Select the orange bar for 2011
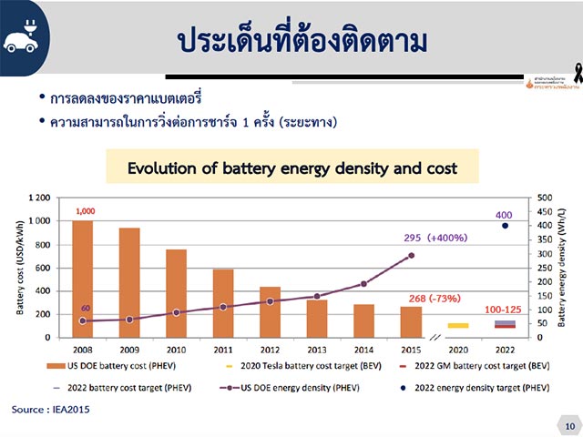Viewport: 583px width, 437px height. click(222, 303)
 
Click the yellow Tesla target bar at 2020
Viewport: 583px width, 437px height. click(458, 325)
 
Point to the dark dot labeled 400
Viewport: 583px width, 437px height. click(505, 226)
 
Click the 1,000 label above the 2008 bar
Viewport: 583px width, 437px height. click(86, 211)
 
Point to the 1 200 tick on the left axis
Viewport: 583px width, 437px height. click(38, 198)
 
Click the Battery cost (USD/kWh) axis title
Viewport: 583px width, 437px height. click(19, 267)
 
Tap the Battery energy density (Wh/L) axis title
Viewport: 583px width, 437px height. click(563, 267)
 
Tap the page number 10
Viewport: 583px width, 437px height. click(568, 425)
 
